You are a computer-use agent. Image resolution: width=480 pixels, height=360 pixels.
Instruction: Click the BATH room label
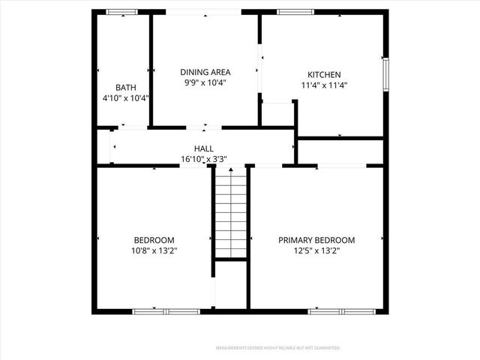pyautogui.click(x=125, y=87)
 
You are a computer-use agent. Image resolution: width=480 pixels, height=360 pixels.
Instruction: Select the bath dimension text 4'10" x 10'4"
pyautogui.click(x=125, y=97)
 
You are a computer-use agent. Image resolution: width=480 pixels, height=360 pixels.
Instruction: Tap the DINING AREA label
pyautogui.click(x=205, y=72)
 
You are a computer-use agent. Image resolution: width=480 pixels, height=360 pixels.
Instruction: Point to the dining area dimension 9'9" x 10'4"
pyautogui.click(x=205, y=82)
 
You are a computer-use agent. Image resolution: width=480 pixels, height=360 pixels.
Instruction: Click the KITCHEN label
pyautogui.click(x=324, y=74)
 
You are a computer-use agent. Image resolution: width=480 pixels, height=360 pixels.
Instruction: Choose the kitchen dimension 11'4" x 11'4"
pyautogui.click(x=324, y=85)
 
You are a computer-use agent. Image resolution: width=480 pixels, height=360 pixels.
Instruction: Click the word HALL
pyautogui.click(x=203, y=148)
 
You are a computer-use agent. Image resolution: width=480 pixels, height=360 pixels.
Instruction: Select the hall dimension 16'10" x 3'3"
pyautogui.click(x=203, y=158)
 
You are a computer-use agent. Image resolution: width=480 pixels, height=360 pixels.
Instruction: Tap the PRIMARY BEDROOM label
pyautogui.click(x=316, y=240)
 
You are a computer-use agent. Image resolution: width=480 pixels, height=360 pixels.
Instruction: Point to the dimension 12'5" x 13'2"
pyautogui.click(x=316, y=250)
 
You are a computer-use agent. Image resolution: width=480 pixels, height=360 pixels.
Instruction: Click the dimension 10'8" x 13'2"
pyautogui.click(x=154, y=250)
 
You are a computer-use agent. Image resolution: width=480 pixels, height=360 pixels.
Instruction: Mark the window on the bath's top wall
pyautogui.click(x=121, y=12)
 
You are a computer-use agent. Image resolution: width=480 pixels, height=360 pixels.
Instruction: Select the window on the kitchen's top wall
pyautogui.click(x=293, y=12)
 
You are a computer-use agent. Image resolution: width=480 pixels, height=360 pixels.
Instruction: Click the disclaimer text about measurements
pyautogui.click(x=278, y=348)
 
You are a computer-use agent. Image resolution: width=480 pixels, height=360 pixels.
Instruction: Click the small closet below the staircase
pyautogui.click(x=230, y=284)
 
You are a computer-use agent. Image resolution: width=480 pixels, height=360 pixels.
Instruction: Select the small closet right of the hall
pyautogui.click(x=341, y=151)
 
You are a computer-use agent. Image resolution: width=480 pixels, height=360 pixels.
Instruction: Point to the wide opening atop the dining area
pyautogui.click(x=204, y=12)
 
